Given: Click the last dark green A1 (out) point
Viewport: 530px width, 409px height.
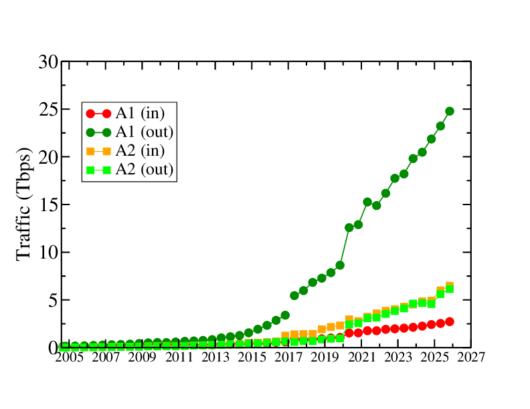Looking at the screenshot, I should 450,111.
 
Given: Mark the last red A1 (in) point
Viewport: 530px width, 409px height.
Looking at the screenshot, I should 450,321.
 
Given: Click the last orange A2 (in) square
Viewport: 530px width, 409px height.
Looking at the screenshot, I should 450,286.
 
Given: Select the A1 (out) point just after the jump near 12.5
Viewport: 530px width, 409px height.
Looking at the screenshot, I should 349,228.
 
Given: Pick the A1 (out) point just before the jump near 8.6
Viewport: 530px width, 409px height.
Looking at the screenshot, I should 340,265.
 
